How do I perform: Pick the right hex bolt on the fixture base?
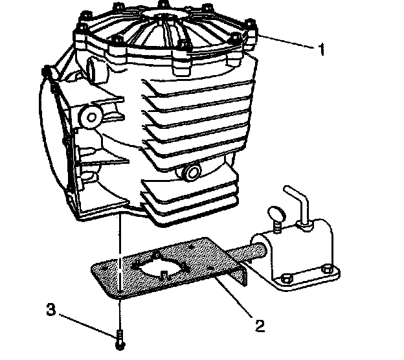[329, 269]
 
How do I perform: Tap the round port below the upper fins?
[192, 172]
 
